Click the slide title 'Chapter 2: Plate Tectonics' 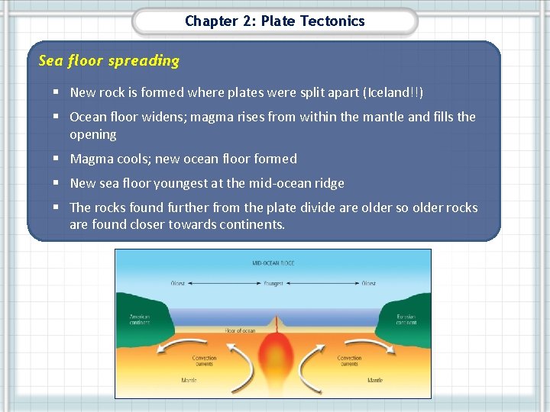pos(275,21)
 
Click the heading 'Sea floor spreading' pos(108,61)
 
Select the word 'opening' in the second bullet pos(93,134)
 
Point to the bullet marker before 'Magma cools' pos(57,159)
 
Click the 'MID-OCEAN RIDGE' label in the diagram pos(273,264)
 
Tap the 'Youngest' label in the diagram pos(273,284)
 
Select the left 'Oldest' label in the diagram pos(177,284)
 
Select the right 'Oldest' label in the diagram pos(369,284)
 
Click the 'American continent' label pos(140,319)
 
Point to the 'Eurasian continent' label pos(406,319)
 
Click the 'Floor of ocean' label pos(240,330)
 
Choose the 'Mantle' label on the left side pos(189,380)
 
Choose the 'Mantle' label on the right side pos(375,380)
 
